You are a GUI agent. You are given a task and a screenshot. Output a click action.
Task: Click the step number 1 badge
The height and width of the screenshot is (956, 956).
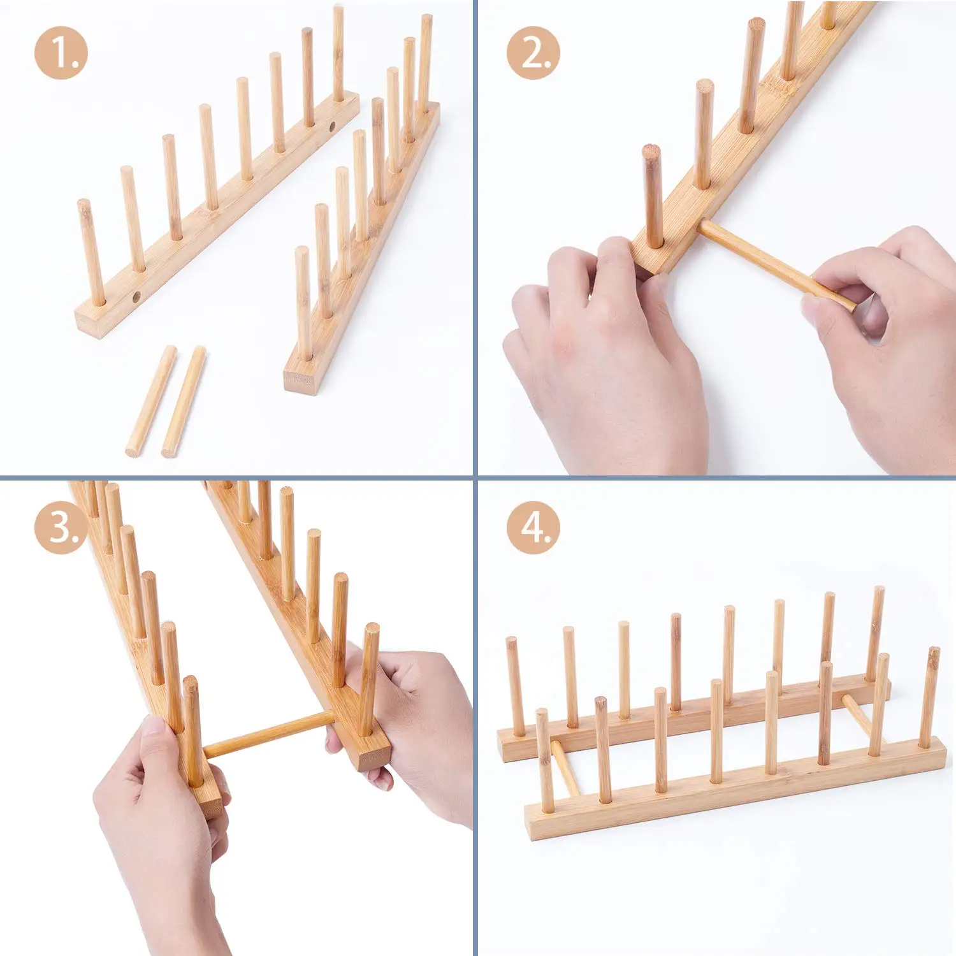click(x=61, y=53)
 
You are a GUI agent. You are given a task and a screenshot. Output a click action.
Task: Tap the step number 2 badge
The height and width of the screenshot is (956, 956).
click(x=534, y=53)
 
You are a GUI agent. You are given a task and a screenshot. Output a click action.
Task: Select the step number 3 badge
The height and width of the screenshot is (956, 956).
click(x=61, y=528)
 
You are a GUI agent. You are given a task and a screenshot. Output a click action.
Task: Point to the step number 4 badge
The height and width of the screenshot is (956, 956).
click(x=534, y=528)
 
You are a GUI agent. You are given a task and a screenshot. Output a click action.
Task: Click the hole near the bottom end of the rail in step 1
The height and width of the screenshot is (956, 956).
click(x=136, y=296)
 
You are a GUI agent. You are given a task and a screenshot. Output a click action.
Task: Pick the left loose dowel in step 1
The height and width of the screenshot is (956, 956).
click(x=151, y=401)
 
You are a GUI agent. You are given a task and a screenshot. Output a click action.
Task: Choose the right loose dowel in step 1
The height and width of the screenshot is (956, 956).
click(x=184, y=402)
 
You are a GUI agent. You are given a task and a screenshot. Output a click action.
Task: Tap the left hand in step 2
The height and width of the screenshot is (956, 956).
click(x=605, y=357)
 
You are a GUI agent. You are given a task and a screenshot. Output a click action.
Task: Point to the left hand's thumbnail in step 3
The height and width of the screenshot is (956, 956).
click(x=154, y=727)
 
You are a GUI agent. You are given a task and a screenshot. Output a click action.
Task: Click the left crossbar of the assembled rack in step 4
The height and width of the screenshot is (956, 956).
click(x=565, y=768)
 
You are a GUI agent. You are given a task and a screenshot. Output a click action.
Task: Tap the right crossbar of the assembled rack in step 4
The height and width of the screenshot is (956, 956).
click(x=857, y=714)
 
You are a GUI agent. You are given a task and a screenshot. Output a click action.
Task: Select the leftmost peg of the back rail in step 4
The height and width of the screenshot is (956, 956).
click(x=515, y=685)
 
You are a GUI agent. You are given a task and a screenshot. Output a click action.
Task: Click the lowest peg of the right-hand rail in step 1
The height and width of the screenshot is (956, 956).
click(x=303, y=303)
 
